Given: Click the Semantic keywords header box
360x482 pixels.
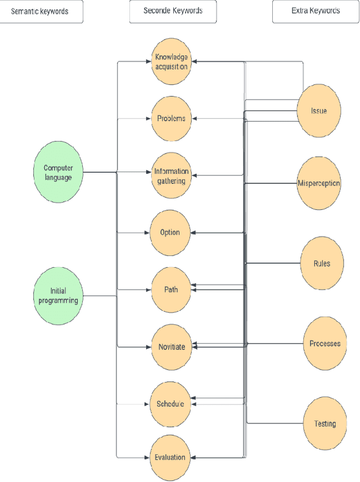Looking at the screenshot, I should (41, 12).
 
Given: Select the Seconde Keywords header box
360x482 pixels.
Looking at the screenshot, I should (173, 12).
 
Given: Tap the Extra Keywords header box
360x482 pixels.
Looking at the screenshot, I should (316, 12).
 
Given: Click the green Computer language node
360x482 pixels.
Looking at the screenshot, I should (58, 172).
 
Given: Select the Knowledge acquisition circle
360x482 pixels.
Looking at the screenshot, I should (171, 62).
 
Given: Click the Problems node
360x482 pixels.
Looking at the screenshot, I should (171, 119).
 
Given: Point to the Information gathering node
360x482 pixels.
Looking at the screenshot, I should (171, 176).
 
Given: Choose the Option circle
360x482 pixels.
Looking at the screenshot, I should (170, 232).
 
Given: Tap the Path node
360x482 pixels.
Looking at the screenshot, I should (171, 290).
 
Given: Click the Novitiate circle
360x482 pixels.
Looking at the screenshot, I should (171, 346).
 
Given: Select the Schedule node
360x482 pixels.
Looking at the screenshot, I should (170, 404).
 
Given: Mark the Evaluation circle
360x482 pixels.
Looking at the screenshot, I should (170, 457).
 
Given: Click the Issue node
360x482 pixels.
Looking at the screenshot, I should (319, 111).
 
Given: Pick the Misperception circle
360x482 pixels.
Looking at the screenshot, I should (319, 183).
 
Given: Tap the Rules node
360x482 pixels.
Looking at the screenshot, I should (322, 263).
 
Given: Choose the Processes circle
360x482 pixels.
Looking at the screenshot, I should (325, 343).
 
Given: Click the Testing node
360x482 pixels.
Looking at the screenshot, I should (325, 424).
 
